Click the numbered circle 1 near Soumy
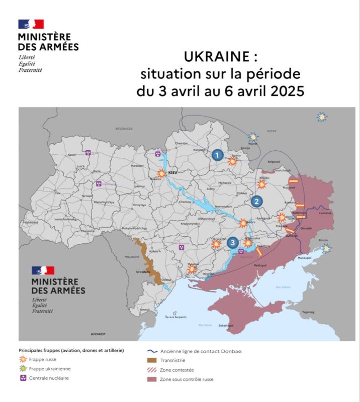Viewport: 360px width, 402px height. click(x=217, y=155)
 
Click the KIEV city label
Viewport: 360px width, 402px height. click(x=173, y=172)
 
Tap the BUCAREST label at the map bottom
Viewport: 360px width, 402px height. click(x=99, y=334)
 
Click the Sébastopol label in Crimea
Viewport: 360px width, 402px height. click(x=226, y=326)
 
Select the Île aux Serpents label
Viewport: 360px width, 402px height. click(x=174, y=317)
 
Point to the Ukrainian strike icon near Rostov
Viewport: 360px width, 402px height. click(x=327, y=248)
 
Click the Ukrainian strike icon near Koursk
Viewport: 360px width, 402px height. click(x=253, y=137)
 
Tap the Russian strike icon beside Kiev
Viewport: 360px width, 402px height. click(x=161, y=173)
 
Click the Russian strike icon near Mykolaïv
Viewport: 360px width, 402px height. click(x=192, y=269)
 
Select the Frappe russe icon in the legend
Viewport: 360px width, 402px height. click(x=23, y=360)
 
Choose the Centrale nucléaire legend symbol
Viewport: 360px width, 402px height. click(x=23, y=378)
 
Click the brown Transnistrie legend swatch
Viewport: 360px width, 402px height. click(x=151, y=360)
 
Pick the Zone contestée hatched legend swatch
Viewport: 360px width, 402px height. click(x=151, y=370)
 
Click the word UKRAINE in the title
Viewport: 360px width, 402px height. click(x=216, y=56)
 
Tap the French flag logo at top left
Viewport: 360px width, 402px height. click(x=31, y=24)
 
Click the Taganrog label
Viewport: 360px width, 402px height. click(x=308, y=312)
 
